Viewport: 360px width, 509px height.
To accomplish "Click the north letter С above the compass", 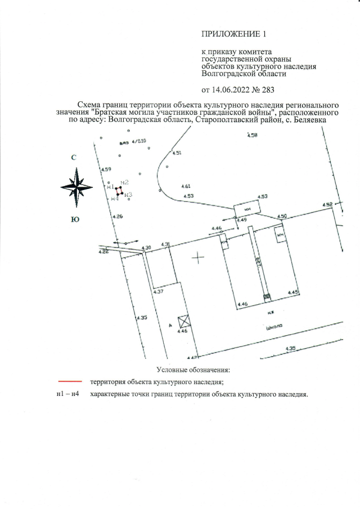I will pyautogui.click(x=74, y=157).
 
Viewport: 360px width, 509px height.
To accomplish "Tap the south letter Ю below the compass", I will pyautogui.click(x=74, y=220).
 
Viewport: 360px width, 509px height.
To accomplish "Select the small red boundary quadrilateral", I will pyautogui.click(x=119, y=191).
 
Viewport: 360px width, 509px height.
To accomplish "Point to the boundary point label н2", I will pyautogui.click(x=125, y=182).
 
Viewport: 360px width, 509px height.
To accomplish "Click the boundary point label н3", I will pyautogui.click(x=128, y=195).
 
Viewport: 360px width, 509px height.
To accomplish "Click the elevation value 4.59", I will pyautogui.click(x=106, y=169).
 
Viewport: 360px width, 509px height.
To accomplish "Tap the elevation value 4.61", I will pyautogui.click(x=187, y=186).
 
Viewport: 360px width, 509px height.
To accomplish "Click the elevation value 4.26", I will pyautogui.click(x=118, y=217).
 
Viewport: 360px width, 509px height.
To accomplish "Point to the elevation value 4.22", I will pyautogui.click(x=103, y=252).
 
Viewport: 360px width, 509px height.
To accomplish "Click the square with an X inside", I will pyautogui.click(x=183, y=322).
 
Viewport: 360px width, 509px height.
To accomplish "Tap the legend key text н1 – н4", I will pyautogui.click(x=67, y=394).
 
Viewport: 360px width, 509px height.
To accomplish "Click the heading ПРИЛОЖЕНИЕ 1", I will pyautogui.click(x=232, y=35).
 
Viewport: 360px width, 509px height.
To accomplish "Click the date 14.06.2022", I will pyautogui.click(x=229, y=89).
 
